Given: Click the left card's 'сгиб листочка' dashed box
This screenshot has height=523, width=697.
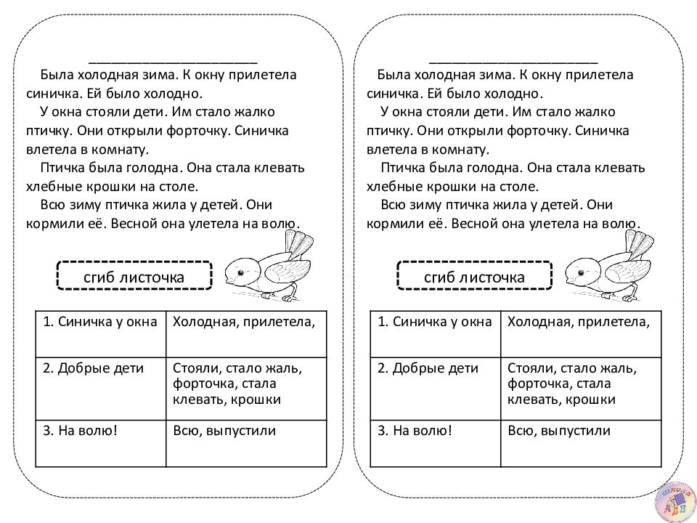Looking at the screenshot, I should click(x=134, y=276).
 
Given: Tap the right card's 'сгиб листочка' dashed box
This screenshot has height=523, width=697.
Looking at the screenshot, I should click(x=475, y=276).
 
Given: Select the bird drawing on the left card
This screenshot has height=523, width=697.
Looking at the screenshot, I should click(x=265, y=265).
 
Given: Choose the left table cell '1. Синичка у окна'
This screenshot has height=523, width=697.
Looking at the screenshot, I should click(x=100, y=333).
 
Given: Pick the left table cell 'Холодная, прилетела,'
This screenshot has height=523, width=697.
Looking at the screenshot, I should click(x=247, y=333).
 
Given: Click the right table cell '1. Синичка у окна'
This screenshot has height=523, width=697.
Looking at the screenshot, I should click(x=435, y=333).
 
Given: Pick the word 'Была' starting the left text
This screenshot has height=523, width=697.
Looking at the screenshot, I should click(x=54, y=75).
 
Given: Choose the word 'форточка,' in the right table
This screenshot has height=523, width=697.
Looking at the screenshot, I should click(x=538, y=384).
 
